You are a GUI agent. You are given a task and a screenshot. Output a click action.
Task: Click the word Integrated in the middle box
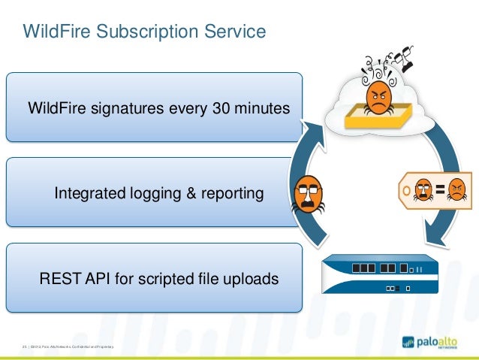tap(86, 194)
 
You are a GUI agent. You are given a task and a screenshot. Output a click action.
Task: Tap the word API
tap(95, 279)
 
